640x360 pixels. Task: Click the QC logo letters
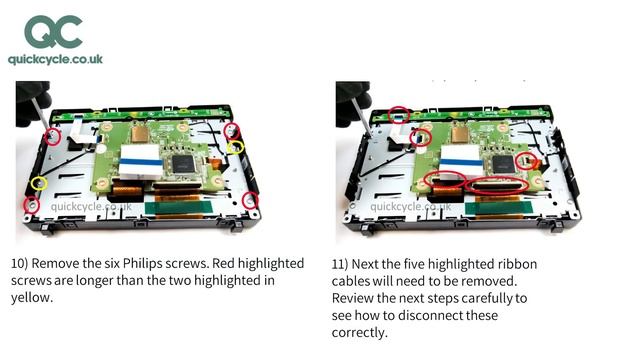53,31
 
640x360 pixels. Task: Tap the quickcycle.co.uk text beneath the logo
56,60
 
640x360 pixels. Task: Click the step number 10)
19,264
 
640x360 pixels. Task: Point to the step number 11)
340,264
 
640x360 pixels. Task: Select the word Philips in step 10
143,264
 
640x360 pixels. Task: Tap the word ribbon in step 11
517,264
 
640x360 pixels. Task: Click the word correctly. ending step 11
359,333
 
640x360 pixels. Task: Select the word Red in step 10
223,263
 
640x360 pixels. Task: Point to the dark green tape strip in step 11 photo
498,208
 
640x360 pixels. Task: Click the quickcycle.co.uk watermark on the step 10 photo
91,207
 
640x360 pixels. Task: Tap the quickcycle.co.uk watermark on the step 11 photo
411,207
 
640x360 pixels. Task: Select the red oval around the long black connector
497,178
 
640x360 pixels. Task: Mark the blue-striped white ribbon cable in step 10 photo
141,161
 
